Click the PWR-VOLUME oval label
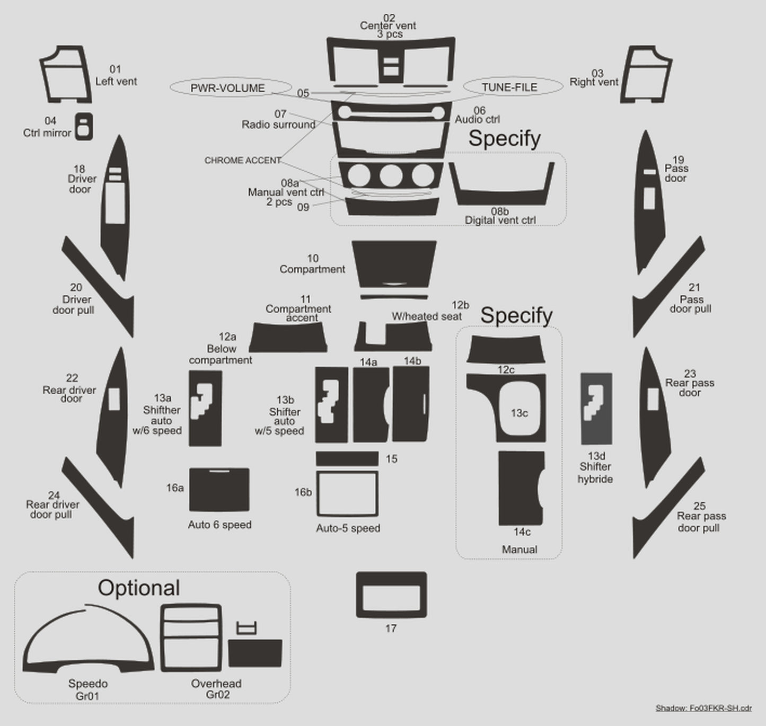[x=230, y=87]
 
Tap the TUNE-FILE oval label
[x=513, y=86]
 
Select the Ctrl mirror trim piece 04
[x=84, y=127]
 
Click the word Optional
[x=139, y=588]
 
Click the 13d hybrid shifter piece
[x=596, y=409]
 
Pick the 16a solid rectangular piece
[x=219, y=490]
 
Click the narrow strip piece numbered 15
[x=347, y=458]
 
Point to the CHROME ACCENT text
[x=243, y=160]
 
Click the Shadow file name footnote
[x=703, y=707]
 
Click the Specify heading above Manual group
[x=516, y=315]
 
